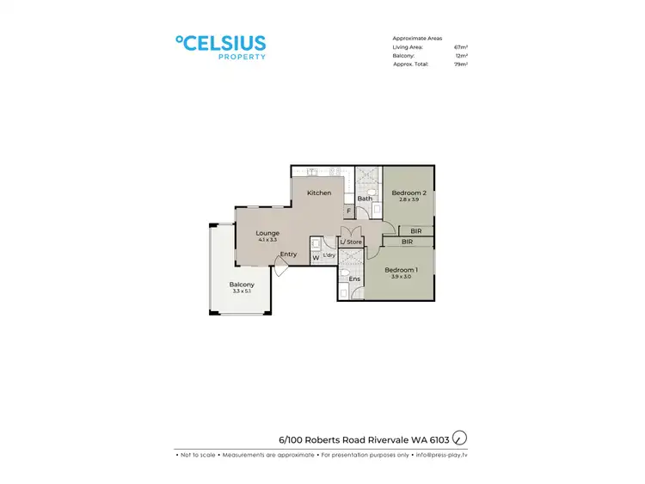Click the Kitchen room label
coord(319,193)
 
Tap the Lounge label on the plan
coord(267,233)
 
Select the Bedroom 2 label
coord(409,193)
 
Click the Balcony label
coord(242,285)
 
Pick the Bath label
coord(365,199)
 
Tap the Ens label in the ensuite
coord(353,279)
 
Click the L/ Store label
coord(350,242)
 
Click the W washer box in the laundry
coord(316,256)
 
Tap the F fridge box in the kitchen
coord(348,211)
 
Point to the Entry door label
coord(288,254)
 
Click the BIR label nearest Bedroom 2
coord(416,230)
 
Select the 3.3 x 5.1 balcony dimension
coord(242,292)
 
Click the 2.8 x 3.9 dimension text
coord(409,200)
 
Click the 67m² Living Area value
coord(460,47)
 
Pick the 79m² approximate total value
coord(460,64)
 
